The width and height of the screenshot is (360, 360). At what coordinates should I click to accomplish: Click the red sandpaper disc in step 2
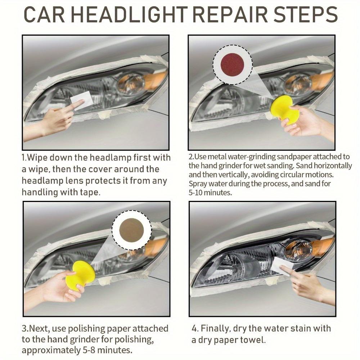(x=232, y=65)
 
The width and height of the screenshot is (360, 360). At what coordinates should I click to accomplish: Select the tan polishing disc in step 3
(x=131, y=230)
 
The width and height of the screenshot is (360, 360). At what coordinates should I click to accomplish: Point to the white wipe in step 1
(x=81, y=100)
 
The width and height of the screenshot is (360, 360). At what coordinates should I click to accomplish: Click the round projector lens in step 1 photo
(x=131, y=84)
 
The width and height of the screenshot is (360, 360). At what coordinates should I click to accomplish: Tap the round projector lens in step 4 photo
(x=298, y=249)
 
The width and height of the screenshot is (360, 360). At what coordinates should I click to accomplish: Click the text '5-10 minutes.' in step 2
(x=210, y=193)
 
